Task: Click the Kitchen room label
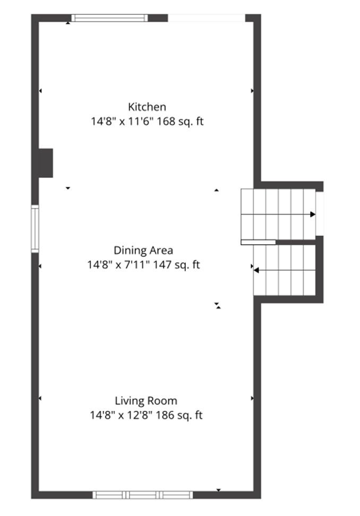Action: coord(147,107)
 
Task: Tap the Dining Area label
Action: coord(143,251)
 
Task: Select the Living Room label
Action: coord(146,401)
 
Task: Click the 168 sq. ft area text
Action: coord(180,122)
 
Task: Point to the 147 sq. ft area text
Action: coord(176,264)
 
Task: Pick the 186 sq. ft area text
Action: coord(179,415)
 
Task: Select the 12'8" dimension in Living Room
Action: coord(140,415)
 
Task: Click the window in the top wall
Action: coord(109,18)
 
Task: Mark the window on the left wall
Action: coord(35,229)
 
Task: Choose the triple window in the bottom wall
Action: coord(142,495)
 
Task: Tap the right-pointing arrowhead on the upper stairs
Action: coord(313,214)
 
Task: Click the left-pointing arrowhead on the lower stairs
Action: coord(256,271)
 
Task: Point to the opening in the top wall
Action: coord(207,18)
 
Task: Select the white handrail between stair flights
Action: coord(258,242)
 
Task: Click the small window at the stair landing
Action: coord(320,213)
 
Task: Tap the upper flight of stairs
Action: coord(278,214)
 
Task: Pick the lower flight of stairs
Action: coord(285,270)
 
